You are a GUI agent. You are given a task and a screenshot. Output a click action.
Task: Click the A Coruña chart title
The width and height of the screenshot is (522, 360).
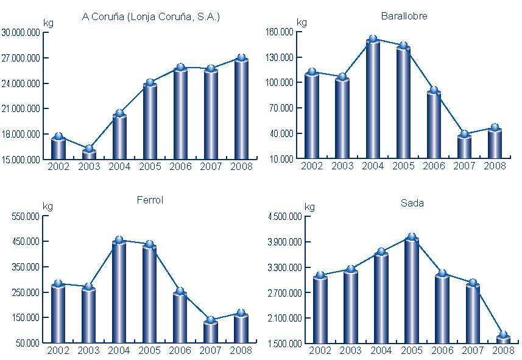coord(150,17)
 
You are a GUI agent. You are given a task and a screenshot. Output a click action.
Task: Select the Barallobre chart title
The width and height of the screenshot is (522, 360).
coord(404,16)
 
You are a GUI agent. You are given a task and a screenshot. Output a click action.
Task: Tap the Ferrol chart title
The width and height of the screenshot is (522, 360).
coord(150,200)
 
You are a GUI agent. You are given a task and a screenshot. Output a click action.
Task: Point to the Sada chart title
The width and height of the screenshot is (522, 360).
coord(412,203)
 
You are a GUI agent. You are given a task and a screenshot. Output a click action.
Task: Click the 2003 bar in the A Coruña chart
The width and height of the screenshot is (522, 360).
coord(89,155)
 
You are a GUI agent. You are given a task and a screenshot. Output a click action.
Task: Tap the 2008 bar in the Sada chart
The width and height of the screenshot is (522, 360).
coord(503,339)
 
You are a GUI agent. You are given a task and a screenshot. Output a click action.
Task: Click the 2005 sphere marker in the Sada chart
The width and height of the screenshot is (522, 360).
coord(412,237)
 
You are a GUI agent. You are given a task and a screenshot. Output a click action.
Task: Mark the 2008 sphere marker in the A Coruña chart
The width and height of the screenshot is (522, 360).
coord(241,58)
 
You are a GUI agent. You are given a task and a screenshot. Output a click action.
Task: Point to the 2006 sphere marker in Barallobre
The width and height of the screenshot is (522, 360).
coord(434,90)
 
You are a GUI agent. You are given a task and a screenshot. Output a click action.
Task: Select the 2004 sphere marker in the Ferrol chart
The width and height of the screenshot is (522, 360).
coord(119,241)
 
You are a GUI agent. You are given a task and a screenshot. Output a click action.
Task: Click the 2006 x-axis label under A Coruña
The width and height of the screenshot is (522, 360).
coord(180,166)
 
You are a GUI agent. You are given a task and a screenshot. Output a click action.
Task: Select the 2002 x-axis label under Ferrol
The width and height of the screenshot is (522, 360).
coord(58,350)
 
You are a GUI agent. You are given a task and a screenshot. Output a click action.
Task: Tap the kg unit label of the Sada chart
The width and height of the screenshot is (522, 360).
coord(309,207)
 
